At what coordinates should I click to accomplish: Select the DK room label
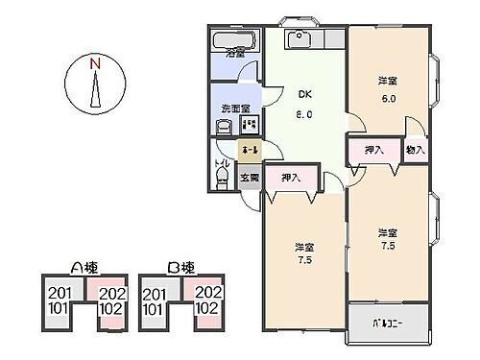pos(304,94)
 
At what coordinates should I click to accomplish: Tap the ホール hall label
pos(249,151)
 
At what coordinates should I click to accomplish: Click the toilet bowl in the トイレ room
pos(223,181)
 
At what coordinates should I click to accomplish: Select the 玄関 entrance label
pos(249,179)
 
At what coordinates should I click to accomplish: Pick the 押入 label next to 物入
pos(374,151)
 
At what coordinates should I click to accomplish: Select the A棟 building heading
pos(83,268)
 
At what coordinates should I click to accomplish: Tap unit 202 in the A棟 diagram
pos(112,294)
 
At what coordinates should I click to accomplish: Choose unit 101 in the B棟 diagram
pos(152,309)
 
